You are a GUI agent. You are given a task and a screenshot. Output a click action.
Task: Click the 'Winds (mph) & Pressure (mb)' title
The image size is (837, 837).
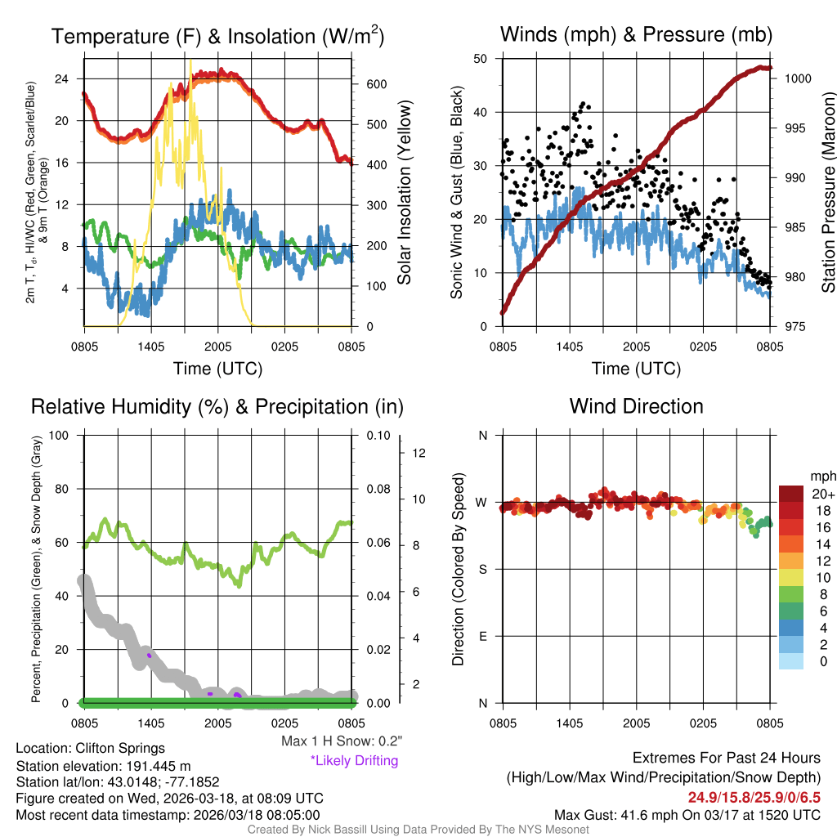[x=636, y=34]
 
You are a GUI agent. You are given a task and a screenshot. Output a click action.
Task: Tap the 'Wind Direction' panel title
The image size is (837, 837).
[x=636, y=406]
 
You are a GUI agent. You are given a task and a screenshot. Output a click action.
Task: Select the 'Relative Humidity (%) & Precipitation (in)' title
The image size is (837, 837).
[x=217, y=406]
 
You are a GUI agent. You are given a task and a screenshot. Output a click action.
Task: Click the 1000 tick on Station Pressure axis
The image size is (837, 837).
[x=797, y=78]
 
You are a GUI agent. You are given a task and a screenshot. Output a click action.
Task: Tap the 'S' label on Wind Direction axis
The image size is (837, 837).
[x=483, y=569]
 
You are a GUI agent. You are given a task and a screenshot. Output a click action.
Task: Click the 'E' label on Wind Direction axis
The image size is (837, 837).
[x=483, y=636]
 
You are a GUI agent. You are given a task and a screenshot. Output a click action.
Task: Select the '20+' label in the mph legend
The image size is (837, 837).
[x=822, y=494]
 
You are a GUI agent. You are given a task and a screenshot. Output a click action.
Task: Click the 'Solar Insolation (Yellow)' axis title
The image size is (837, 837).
[x=404, y=193]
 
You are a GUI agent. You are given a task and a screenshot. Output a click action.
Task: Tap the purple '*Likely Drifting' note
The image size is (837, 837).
[x=354, y=761]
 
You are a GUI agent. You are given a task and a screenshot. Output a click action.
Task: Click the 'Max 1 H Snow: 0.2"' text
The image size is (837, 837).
[x=342, y=741]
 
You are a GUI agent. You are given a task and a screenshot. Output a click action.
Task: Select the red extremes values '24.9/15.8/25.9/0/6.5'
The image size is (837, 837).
[x=754, y=796]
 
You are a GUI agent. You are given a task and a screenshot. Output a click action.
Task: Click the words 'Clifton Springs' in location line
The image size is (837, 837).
[x=120, y=748]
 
